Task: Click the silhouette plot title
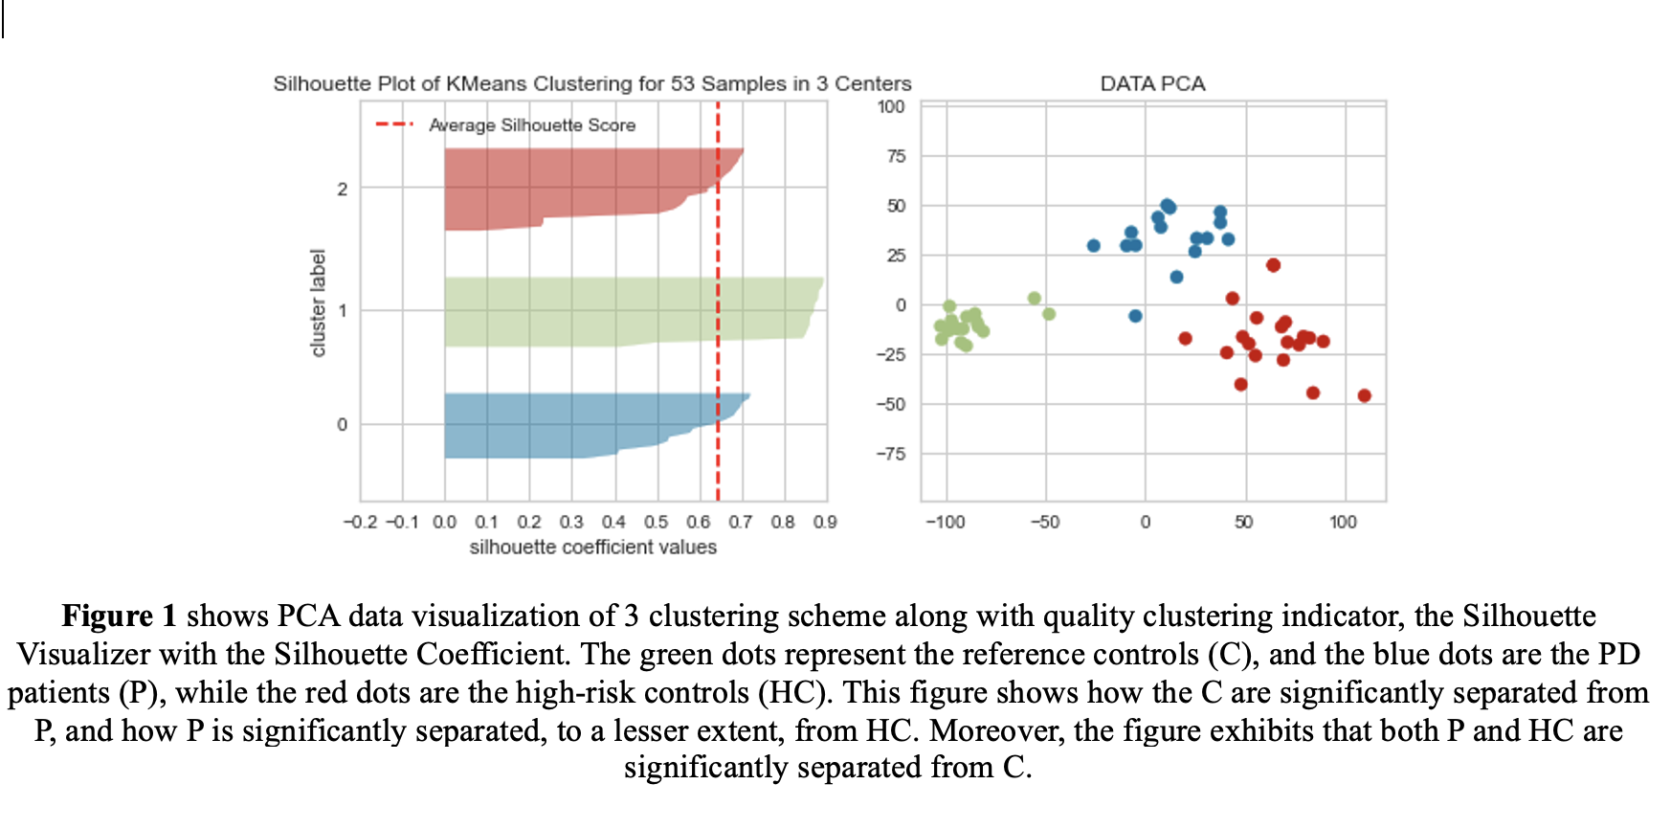(591, 84)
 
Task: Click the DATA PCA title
(1152, 84)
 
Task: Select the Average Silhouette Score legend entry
(531, 125)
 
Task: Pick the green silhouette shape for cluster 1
(622, 311)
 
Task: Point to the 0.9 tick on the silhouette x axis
(825, 522)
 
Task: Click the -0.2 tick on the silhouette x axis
(360, 522)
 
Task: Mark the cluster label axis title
(319, 302)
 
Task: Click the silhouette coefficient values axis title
(592, 548)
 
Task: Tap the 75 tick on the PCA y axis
(896, 156)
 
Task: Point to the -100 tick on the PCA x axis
(945, 522)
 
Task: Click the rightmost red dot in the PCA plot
(1365, 395)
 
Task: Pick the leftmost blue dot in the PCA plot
(1094, 246)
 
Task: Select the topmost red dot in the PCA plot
(1273, 265)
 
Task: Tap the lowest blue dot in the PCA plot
(1135, 316)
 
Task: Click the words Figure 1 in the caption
(120, 616)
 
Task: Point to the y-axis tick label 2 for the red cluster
(342, 190)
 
